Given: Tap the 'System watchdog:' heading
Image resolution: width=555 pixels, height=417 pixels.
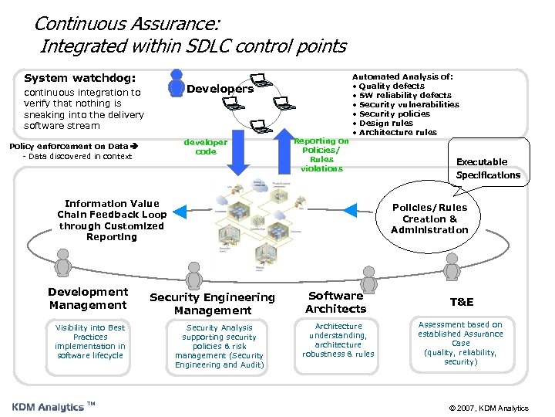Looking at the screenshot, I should (79, 78).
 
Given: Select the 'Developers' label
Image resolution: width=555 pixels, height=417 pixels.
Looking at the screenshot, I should (220, 89).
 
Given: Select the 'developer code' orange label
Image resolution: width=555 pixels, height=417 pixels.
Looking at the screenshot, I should (206, 147).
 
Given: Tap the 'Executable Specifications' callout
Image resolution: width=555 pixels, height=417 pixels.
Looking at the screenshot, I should (488, 168).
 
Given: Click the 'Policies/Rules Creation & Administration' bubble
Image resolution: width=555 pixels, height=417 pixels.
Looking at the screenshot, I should (429, 219).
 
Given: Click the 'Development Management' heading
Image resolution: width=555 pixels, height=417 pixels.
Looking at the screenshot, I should (88, 298).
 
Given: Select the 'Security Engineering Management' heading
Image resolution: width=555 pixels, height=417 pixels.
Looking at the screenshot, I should (212, 303).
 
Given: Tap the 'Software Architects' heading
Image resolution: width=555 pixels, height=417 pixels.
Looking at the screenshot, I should (336, 302).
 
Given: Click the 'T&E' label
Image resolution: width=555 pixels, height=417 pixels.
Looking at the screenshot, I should (462, 302).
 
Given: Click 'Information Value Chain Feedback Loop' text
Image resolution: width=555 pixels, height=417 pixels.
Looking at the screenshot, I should (112, 220).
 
